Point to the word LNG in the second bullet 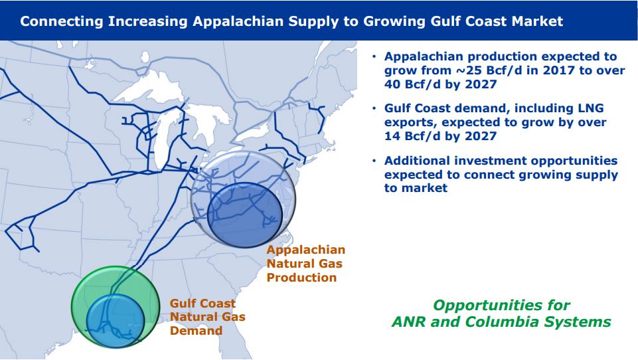pos(592,108)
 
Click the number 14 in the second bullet pos(392,136)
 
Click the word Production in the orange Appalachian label pos(301,278)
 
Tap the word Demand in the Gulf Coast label pos(196,330)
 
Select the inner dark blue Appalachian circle pos(244,215)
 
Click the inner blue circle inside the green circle pos(116,321)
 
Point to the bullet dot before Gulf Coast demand pos(374,109)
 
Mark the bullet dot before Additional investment pos(374,161)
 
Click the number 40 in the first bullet pos(392,84)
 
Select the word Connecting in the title pos(62,21)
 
